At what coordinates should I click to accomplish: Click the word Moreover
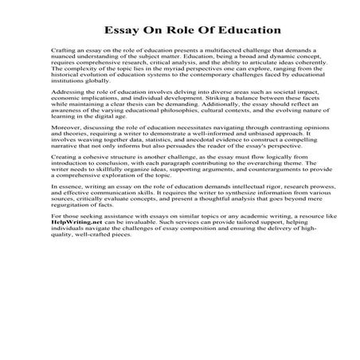pyautogui.click(x=65, y=148)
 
